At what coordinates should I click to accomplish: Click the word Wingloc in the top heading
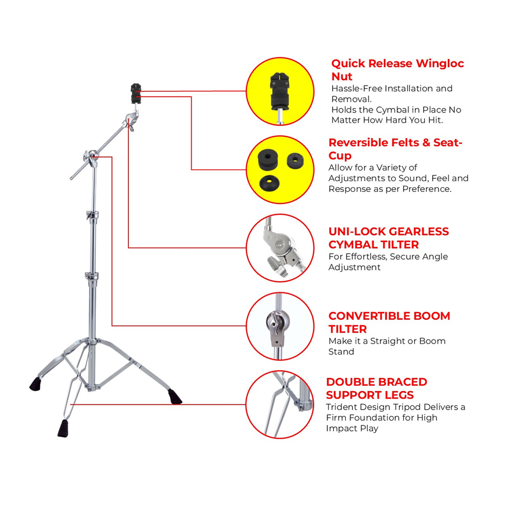tap(440, 64)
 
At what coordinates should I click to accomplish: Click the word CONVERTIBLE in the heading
tap(363, 316)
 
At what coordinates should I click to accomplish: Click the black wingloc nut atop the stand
tap(136, 93)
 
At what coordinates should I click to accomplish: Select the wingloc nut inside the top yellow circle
tap(280, 90)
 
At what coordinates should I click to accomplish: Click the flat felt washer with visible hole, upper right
tap(295, 161)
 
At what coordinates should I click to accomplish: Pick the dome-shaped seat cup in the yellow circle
tap(269, 183)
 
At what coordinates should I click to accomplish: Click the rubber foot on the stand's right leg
tap(175, 396)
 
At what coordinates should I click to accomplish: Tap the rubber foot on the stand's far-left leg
tap(35, 384)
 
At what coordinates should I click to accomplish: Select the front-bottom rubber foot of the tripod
tap(64, 428)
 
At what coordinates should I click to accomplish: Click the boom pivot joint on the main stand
tap(91, 157)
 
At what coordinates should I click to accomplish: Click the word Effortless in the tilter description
tap(367, 257)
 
